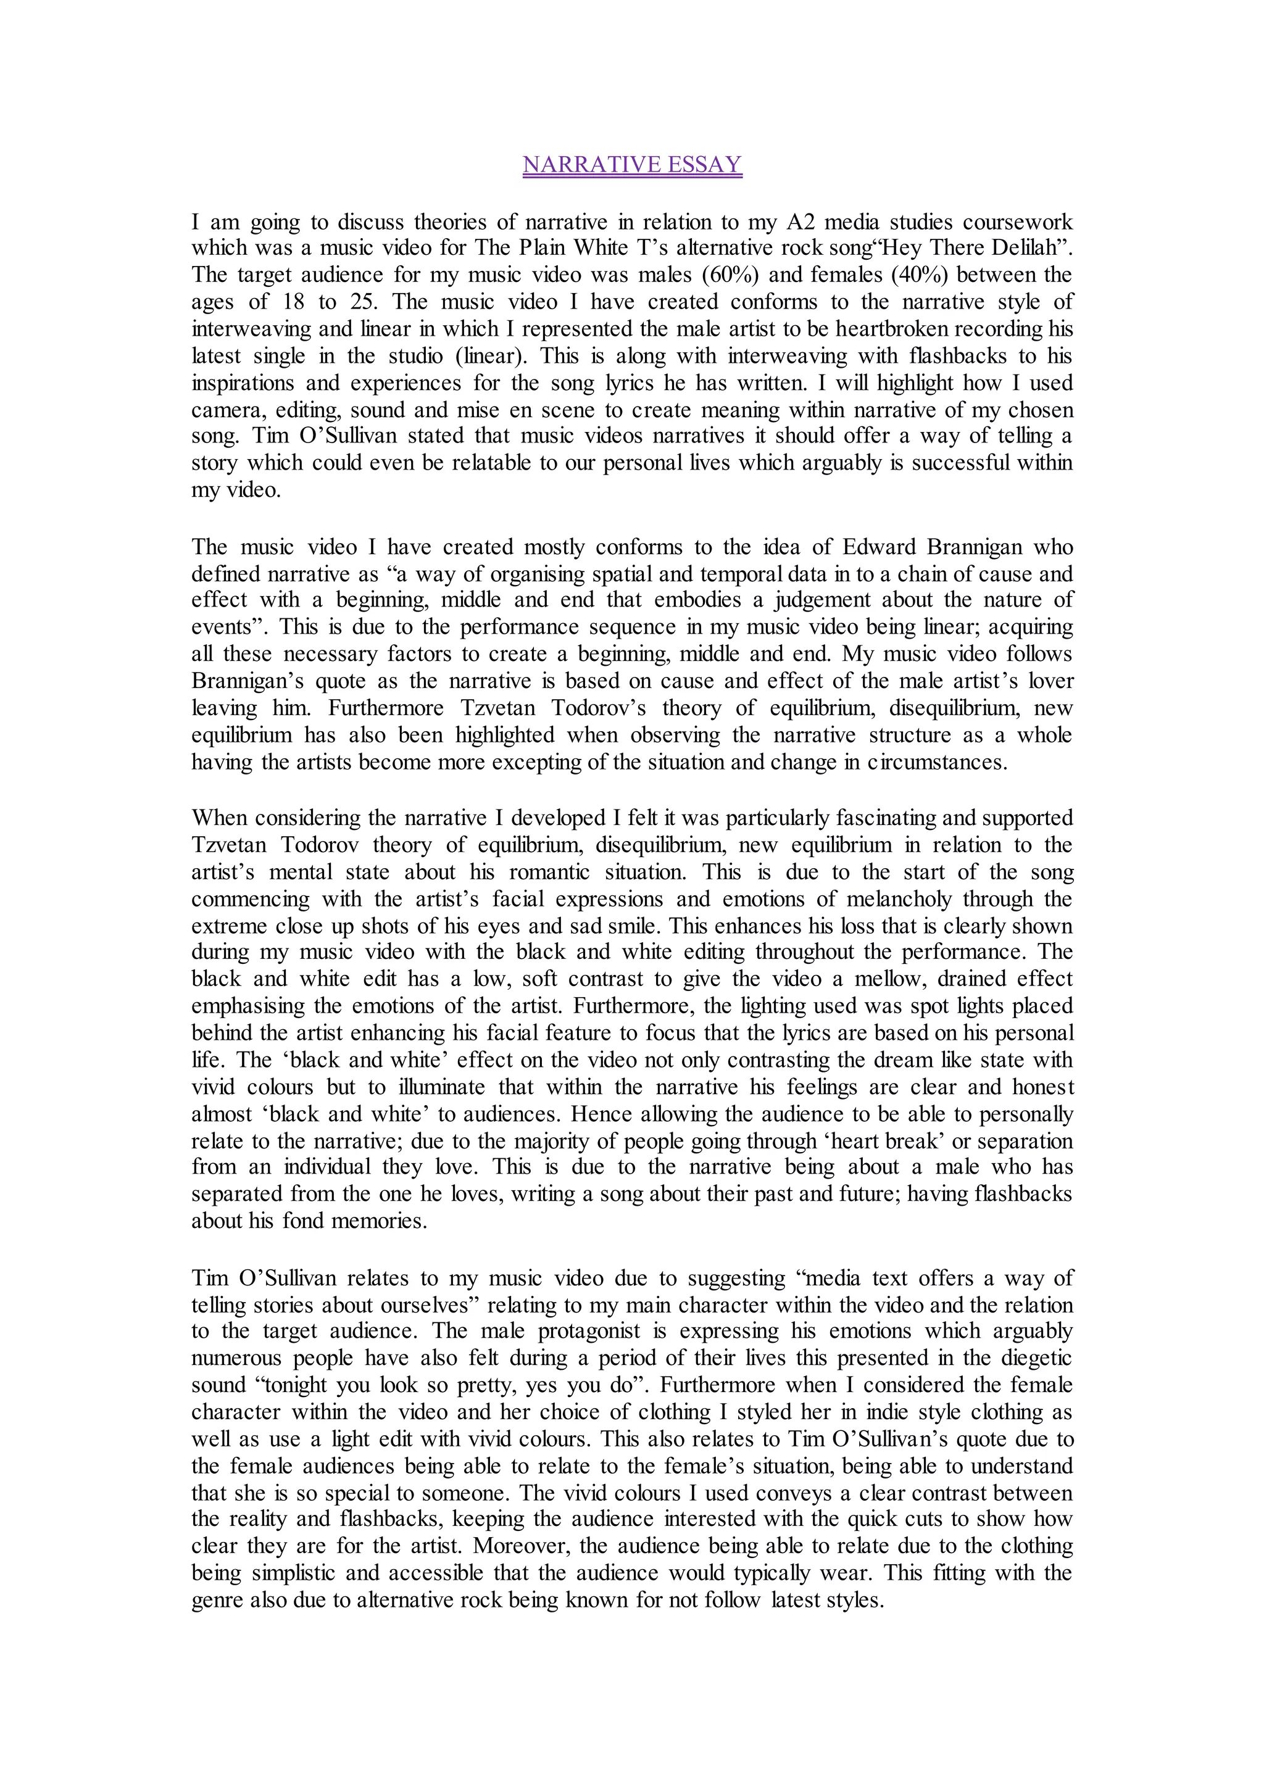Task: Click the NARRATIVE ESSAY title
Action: [632, 165]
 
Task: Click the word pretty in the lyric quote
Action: [487, 1385]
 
